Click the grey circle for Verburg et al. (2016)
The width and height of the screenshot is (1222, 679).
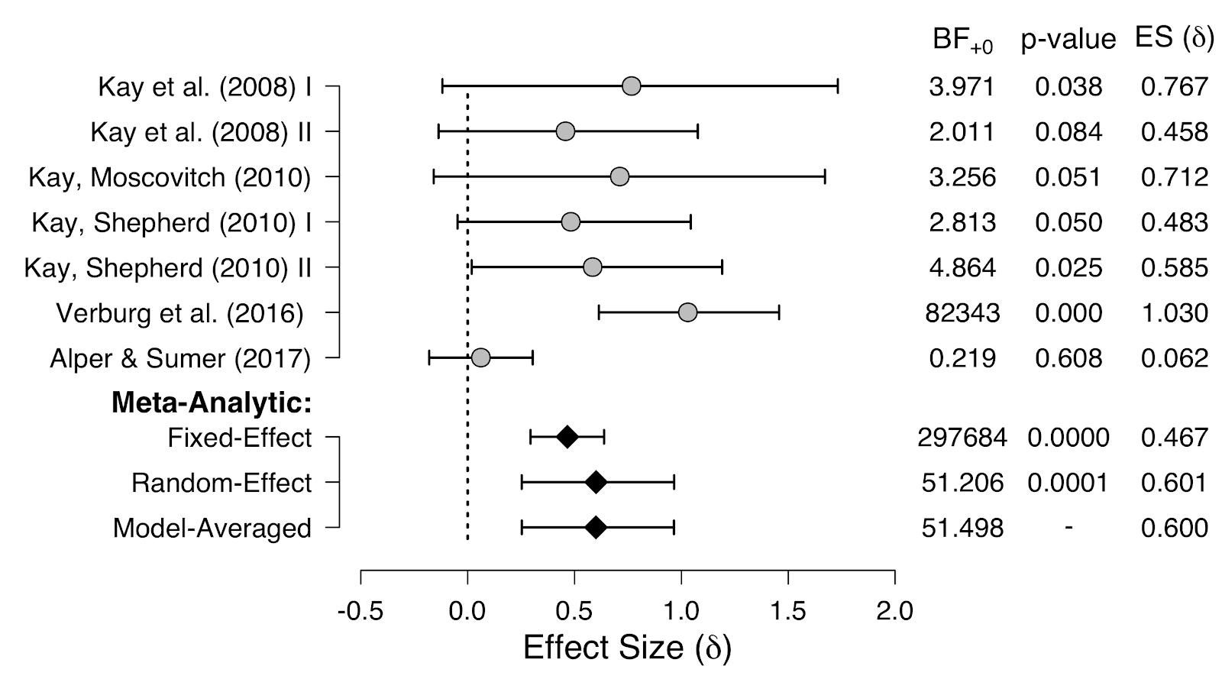(x=687, y=312)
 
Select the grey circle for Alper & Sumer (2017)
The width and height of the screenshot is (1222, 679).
(x=480, y=357)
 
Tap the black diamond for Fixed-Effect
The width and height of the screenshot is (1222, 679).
(x=567, y=437)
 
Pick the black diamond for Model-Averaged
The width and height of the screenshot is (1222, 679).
(x=596, y=528)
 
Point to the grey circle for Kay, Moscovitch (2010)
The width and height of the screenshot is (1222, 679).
(x=619, y=177)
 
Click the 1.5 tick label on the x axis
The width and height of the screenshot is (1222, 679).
(x=787, y=611)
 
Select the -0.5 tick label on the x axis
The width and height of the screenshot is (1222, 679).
(x=360, y=611)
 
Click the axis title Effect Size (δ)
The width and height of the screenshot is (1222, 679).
(x=627, y=648)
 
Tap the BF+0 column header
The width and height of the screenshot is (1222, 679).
(x=962, y=40)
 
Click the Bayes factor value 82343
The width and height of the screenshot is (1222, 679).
(x=962, y=313)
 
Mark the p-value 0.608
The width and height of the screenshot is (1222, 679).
(x=1068, y=358)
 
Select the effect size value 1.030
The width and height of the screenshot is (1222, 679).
(x=1175, y=313)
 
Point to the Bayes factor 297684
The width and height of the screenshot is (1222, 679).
(x=962, y=438)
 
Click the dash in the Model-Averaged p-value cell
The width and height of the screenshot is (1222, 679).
(x=1068, y=528)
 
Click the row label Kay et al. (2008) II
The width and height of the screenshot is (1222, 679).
(x=201, y=132)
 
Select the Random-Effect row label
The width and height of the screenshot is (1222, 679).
(x=221, y=483)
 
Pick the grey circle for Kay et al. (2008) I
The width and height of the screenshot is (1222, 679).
(x=631, y=86)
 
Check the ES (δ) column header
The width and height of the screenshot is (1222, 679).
(x=1174, y=38)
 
